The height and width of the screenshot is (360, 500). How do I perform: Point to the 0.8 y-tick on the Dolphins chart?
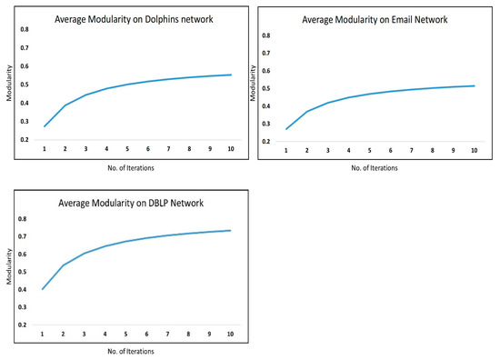(25, 30)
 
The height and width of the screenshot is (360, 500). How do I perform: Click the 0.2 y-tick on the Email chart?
(265, 142)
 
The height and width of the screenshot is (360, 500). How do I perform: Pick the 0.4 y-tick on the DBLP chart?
(25, 289)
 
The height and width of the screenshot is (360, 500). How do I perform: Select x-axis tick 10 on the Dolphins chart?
(229, 149)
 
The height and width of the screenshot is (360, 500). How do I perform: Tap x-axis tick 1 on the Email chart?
(286, 150)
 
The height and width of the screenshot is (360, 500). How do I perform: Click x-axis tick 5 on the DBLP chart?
(127, 335)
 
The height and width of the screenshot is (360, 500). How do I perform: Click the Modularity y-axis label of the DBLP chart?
(9, 271)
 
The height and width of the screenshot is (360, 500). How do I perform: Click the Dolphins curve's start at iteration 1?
(44, 126)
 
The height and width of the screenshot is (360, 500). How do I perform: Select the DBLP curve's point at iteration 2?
(64, 265)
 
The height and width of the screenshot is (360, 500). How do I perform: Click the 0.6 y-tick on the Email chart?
(265, 71)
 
